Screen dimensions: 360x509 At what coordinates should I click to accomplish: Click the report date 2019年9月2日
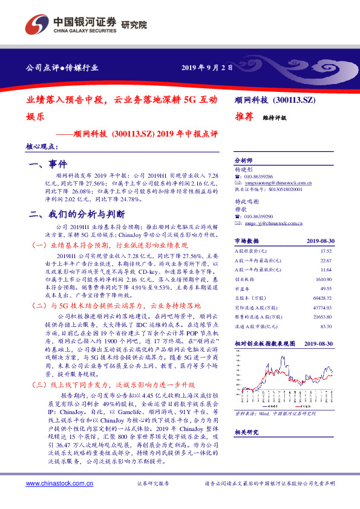point(206,68)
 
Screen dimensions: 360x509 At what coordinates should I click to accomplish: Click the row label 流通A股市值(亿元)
point(257,326)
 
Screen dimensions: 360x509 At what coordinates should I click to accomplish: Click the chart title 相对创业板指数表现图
point(264,343)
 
